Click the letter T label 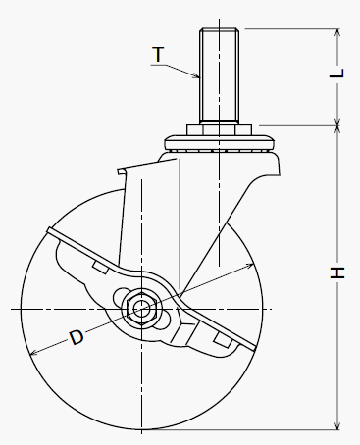click(x=158, y=54)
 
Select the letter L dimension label click(x=337, y=73)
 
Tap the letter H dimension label click(x=337, y=272)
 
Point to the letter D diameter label click(x=77, y=337)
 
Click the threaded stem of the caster click(x=220, y=75)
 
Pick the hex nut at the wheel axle click(x=141, y=309)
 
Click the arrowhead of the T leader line click(x=196, y=76)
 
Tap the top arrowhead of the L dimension click(x=337, y=33)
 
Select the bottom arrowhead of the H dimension click(x=337, y=424)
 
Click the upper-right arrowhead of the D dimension click(x=250, y=265)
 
